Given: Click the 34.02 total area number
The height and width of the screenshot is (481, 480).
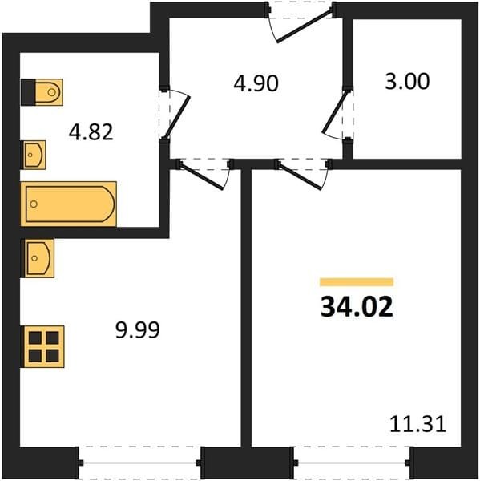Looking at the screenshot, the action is pos(357,307).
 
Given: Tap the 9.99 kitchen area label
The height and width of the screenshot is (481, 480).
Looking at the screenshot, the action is pos(138,330).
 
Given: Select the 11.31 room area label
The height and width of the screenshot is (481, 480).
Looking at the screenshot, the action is pos(417,425).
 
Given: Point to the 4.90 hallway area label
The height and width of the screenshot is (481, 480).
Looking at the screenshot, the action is pos(256,83).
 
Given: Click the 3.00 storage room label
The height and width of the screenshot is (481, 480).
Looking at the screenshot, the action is pos(407,81).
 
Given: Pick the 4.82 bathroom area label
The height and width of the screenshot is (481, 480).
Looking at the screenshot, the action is pos(91,132).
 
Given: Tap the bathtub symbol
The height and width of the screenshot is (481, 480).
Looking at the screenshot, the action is pos(69,204).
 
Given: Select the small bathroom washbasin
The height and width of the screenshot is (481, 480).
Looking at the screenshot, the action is pos(34,155).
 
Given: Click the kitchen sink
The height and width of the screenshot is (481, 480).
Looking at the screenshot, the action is pos(39,258).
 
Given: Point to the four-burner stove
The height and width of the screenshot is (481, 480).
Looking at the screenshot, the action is pos(43,346).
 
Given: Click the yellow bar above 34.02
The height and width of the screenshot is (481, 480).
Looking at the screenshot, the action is pos(357,281).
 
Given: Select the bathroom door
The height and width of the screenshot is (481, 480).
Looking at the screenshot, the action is pos(175,114).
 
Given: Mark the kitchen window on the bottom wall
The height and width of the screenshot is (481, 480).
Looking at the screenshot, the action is pos(139,463).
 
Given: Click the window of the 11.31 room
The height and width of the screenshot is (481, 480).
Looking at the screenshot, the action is pos(352,463).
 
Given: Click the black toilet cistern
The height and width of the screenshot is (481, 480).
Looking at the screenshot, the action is pos(28,92).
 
